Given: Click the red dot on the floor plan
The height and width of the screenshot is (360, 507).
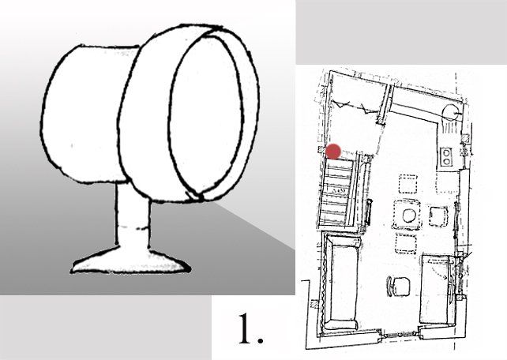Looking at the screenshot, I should coord(333,150).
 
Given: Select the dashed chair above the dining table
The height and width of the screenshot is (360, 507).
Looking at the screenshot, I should coord(408,185).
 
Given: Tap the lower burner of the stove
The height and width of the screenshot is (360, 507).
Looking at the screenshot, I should coord(446,161).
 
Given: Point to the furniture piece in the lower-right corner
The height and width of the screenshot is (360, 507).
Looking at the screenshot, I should coord(436,289).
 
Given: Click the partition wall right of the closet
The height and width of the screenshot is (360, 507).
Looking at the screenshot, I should coord(386,102).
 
